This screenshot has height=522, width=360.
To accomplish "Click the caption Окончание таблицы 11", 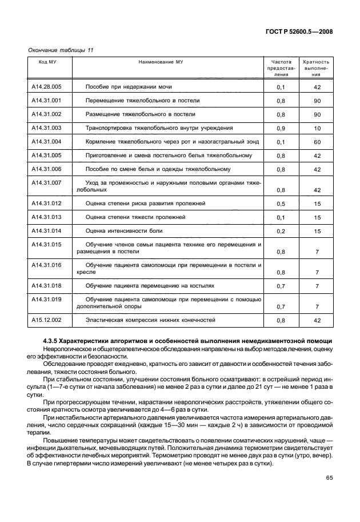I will [x=61, y=50].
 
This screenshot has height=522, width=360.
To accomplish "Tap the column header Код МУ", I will [x=47, y=61].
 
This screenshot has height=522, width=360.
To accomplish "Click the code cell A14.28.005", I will [x=46, y=87].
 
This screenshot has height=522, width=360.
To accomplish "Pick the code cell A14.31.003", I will [x=46, y=128].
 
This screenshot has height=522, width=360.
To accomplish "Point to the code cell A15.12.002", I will [x=46, y=320].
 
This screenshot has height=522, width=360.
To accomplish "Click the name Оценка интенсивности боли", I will [x=124, y=230].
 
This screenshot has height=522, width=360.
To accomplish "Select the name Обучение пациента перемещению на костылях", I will [x=150, y=285].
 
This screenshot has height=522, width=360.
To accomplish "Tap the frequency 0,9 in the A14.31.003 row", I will [x=281, y=129].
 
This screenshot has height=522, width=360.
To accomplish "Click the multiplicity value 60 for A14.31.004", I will [x=317, y=142].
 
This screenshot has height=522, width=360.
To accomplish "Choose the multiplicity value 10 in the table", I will [x=317, y=129].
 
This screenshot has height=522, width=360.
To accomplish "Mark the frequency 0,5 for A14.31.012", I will [x=281, y=204].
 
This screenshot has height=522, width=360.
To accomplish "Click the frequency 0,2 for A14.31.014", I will [x=281, y=231].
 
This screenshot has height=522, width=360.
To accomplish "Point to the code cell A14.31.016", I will [x=46, y=265].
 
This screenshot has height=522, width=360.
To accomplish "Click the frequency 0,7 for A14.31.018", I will [x=281, y=286].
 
